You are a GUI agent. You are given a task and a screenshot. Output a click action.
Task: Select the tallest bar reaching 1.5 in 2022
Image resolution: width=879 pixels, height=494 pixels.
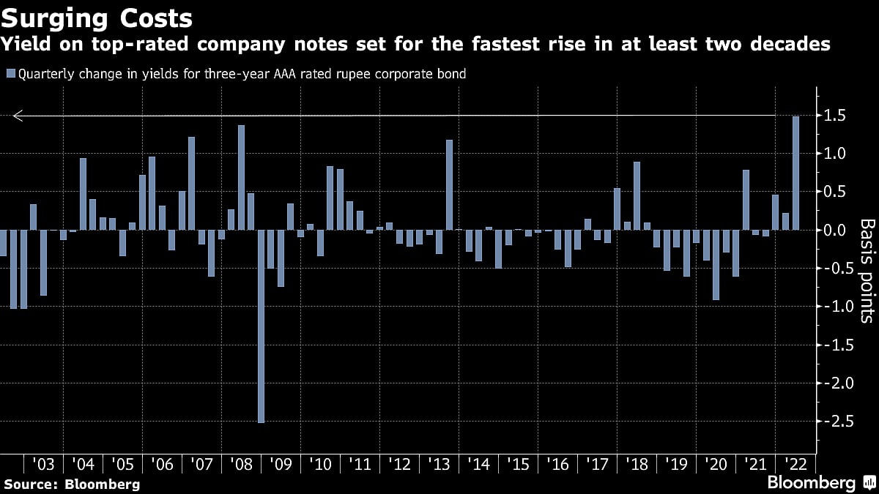click(x=795, y=173)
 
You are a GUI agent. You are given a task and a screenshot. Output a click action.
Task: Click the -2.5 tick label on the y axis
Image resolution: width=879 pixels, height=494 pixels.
click(x=834, y=421)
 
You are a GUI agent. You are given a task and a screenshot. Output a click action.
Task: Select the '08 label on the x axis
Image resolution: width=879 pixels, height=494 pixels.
click(x=240, y=465)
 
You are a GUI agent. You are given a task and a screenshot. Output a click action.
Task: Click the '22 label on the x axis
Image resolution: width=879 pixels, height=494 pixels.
click(x=795, y=465)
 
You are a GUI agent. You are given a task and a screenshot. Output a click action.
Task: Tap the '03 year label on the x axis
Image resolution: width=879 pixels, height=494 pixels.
click(x=43, y=465)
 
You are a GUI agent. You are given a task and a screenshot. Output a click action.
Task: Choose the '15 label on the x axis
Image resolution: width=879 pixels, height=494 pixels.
click(x=518, y=465)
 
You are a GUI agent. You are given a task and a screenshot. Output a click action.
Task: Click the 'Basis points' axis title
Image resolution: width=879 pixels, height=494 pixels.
click(x=866, y=270)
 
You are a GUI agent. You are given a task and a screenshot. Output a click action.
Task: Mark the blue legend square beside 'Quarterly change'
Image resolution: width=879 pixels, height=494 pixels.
click(x=10, y=73)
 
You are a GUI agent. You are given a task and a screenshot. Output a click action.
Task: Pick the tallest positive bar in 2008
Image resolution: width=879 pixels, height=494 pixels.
click(x=241, y=177)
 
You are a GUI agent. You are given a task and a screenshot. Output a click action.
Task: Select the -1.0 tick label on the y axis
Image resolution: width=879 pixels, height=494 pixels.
click(x=834, y=307)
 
